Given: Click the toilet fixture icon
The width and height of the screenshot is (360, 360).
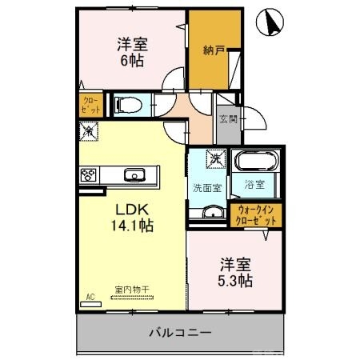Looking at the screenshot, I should click(x=128, y=105).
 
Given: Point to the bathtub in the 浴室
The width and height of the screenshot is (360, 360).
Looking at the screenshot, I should click(x=255, y=161).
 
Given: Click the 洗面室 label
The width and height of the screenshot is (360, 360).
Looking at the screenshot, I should click(x=207, y=188).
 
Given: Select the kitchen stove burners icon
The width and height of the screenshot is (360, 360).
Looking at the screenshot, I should click(x=88, y=174).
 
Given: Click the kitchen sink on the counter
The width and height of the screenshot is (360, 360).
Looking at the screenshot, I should click(x=132, y=174).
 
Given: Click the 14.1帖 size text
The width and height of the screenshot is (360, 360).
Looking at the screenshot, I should click(x=132, y=225).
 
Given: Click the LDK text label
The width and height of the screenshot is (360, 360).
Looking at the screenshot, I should click(x=132, y=206).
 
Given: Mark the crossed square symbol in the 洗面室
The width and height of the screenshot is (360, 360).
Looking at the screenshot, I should click(x=215, y=159).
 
